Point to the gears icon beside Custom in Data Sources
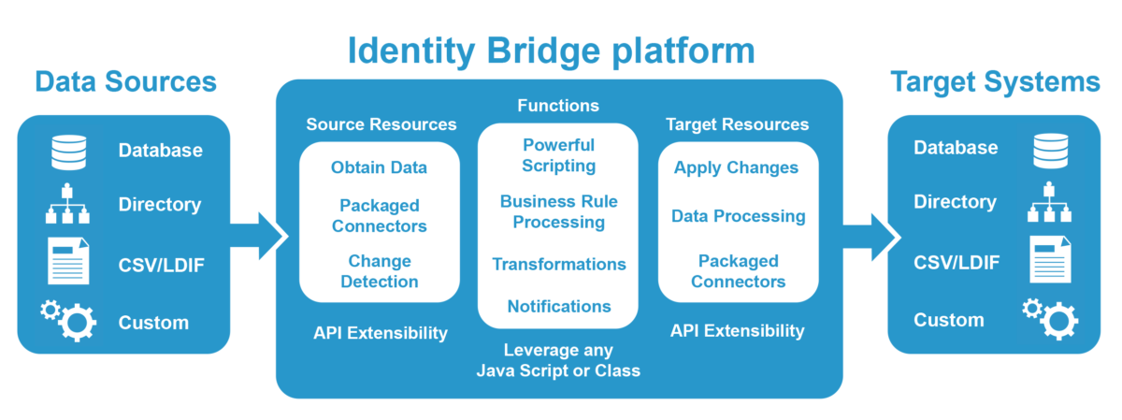click(68, 320)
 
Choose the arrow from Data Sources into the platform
click(263, 235)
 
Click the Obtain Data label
click(379, 167)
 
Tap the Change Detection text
click(379, 270)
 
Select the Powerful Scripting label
click(558, 155)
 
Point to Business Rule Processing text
click(558, 211)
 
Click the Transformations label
click(558, 264)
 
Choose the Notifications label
click(558, 306)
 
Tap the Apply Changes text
click(736, 167)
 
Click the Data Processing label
click(738, 216)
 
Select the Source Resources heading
click(381, 124)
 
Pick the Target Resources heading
click(738, 124)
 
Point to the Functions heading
click(558, 106)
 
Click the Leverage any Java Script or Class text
click(558, 360)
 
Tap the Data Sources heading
click(125, 81)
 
